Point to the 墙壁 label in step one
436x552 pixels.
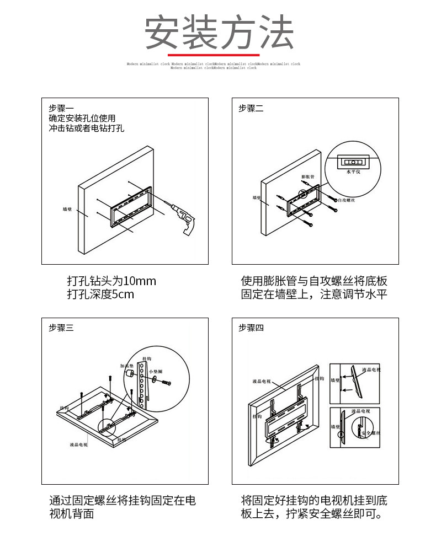pos(67,210)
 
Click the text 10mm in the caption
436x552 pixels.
pos(140,281)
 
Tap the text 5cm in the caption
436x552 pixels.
pos(123,294)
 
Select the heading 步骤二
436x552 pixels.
pos(251,108)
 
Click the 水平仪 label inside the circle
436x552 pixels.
pos(352,172)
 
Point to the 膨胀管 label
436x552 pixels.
pos(307,177)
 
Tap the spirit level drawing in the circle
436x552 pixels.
pos(352,162)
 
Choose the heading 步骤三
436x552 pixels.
pos(61,328)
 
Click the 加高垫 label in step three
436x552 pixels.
pos(127,366)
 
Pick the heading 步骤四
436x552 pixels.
pos(251,328)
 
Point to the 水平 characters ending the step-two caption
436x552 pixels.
pos(376,294)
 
